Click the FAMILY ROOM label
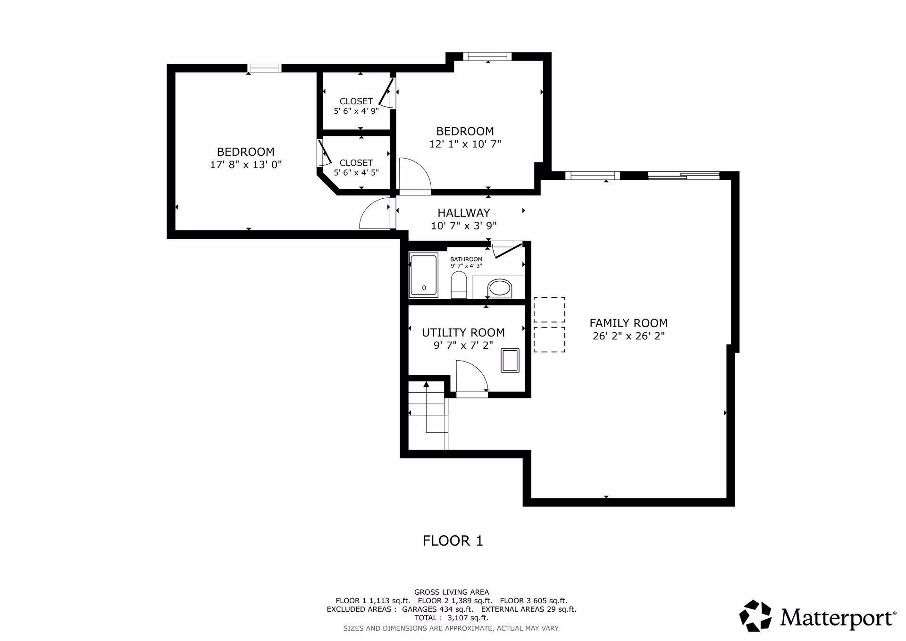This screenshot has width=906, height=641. click(628, 323)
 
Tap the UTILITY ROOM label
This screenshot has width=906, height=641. click(463, 333)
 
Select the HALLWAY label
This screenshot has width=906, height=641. click(464, 213)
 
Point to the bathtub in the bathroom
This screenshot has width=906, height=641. click(424, 275)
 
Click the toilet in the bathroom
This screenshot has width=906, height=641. click(459, 285)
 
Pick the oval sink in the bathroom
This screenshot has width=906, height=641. click(499, 288)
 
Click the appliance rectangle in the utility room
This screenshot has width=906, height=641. click(510, 360)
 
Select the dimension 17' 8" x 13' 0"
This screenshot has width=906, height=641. click(246, 165)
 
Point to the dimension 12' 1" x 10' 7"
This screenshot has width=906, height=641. click(465, 144)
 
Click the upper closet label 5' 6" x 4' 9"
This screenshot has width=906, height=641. click(356, 111)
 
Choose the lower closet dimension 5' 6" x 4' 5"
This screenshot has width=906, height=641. click(356, 173)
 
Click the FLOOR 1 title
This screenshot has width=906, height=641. click(453, 540)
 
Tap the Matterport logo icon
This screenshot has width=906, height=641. click(755, 616)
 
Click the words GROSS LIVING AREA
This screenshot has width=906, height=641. click(452, 592)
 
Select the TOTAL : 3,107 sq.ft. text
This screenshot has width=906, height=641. click(452, 618)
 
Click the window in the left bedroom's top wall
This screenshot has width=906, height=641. click(265, 68)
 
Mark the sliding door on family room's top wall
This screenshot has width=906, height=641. click(683, 176)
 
